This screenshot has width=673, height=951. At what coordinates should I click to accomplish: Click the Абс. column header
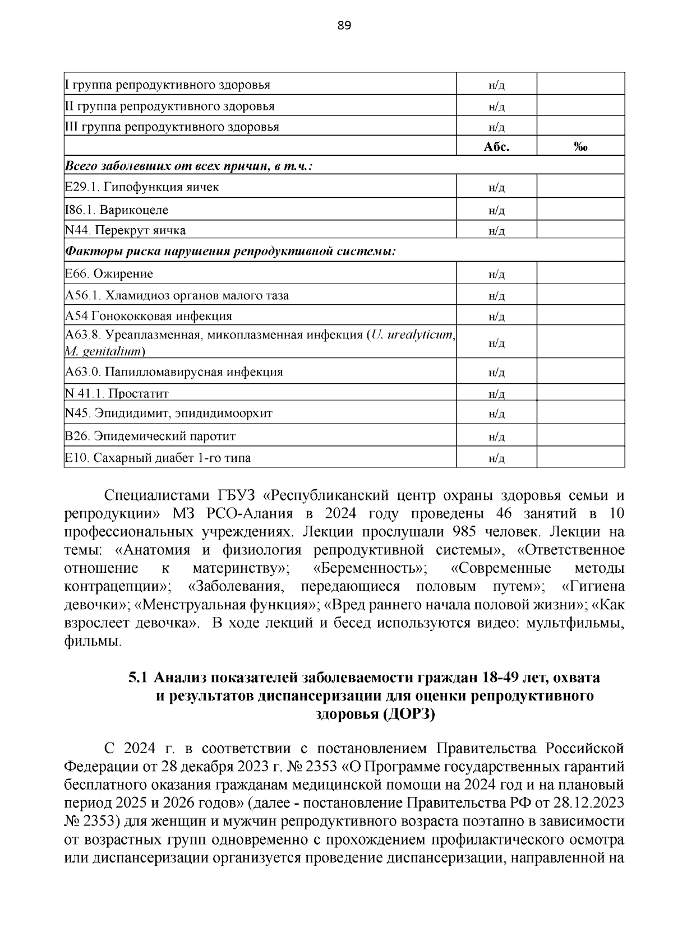tap(496, 147)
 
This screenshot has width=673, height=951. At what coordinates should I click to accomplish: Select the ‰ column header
tap(580, 147)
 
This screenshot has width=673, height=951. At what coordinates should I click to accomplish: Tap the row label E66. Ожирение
tap(109, 274)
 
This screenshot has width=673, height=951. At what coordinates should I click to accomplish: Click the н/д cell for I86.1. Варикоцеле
tap(496, 211)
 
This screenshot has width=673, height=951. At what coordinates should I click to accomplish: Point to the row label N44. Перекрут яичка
tap(125, 230)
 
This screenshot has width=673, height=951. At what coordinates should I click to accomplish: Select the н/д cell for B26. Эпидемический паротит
tap(496, 437)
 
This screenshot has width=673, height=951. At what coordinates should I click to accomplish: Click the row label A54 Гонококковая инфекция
tap(148, 316)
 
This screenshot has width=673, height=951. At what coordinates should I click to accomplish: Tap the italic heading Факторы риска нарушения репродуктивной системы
tap(231, 252)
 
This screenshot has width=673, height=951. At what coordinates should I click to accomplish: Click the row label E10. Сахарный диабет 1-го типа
tap(158, 458)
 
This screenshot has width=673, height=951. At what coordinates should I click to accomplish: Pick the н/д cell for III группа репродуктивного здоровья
tap(496, 127)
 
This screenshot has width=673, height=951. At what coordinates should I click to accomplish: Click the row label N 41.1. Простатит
tap(117, 393)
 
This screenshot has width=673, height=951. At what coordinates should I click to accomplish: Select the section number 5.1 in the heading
tap(138, 678)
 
